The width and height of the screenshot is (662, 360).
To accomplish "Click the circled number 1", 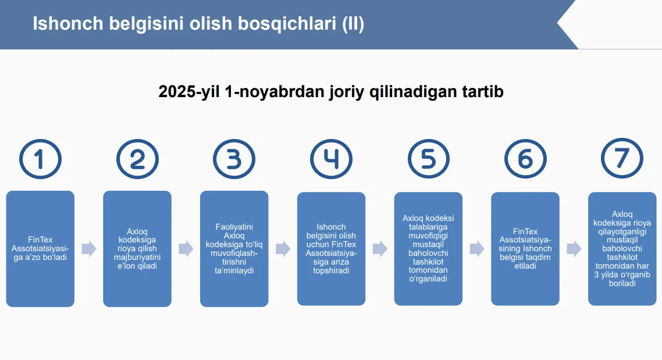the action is click(40, 159).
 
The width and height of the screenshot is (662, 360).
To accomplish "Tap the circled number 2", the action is click(137, 159).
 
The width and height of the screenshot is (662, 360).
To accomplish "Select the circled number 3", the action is click(234, 159).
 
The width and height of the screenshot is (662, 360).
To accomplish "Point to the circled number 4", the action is click(331, 159).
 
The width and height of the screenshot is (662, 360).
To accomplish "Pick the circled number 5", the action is click(428, 159).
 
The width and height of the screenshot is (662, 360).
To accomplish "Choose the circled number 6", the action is click(525, 159).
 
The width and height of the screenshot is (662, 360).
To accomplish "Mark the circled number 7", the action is click(622, 158).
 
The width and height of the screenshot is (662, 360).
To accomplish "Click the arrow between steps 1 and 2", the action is click(88, 248).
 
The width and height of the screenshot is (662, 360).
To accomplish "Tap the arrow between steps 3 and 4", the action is click(283, 248).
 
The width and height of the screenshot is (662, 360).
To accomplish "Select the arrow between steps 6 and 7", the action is click(574, 248).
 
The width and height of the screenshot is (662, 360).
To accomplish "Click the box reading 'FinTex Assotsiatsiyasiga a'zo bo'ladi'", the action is click(40, 248).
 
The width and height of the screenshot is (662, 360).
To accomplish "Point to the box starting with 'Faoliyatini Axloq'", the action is click(234, 248).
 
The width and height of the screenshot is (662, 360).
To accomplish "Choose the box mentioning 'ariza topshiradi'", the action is click(331, 248).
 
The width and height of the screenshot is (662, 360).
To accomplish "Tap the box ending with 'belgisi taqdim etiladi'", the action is click(525, 248).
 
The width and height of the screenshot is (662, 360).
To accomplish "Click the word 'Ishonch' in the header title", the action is click(68, 24).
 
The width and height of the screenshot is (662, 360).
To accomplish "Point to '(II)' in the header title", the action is click(353, 24).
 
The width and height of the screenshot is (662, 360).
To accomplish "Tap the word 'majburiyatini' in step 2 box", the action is click(137, 257).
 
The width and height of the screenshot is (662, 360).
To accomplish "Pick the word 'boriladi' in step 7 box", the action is click(622, 283).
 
